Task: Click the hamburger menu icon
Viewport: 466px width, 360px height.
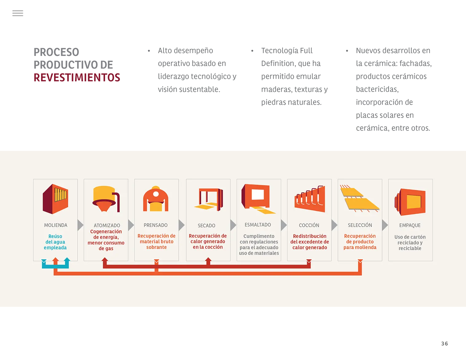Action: coord(18,13)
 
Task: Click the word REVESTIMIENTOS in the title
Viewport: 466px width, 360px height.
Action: coord(77,78)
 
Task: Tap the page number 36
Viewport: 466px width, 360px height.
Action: coord(444,343)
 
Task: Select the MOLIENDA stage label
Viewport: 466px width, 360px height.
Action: coord(56,225)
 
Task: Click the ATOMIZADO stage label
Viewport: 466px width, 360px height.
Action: coord(107,225)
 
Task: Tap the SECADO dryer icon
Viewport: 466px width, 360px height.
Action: coord(209,199)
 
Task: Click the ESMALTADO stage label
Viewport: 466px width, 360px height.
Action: coord(258,225)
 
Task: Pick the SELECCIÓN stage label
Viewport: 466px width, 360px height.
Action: coord(360,225)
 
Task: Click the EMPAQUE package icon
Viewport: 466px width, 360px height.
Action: coord(410,202)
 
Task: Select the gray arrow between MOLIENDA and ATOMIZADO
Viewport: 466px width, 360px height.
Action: coord(80,225)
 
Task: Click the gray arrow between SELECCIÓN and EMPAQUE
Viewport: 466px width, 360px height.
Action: coord(385,225)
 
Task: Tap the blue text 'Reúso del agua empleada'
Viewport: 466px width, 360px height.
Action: coord(55,242)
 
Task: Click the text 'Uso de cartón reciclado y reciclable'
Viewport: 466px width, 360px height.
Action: coord(410,242)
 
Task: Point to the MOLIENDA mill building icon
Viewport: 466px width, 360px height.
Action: coord(55,199)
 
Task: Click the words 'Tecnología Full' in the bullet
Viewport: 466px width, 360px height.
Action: coord(287,51)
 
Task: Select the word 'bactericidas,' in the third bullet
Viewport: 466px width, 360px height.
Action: coord(377,89)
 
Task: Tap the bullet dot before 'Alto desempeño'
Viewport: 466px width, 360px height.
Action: coord(149,51)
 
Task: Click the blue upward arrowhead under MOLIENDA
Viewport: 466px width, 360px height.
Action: coord(67,259)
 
